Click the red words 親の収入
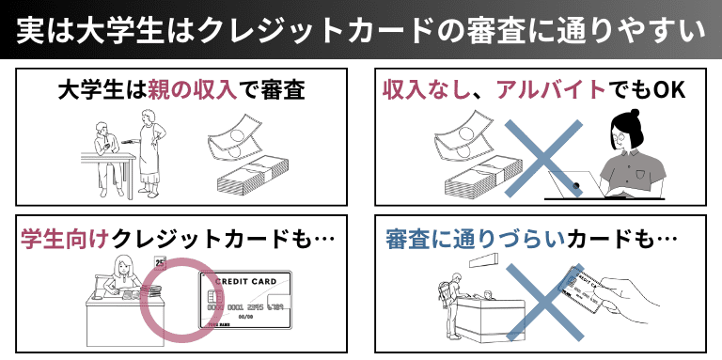pyautogui.click(x=193, y=91)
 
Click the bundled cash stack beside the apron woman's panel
pyautogui.click(x=252, y=176)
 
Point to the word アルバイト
pyautogui.click(x=551, y=91)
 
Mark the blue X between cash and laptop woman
pyautogui.click(x=544, y=158)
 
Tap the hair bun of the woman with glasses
pyautogui.click(x=635, y=113)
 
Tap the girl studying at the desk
pyautogui.click(x=122, y=275)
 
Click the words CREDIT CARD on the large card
pyautogui.click(x=246, y=281)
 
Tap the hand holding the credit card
pyautogui.click(x=632, y=298)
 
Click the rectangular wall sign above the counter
pyautogui.click(x=484, y=260)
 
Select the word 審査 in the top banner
pyautogui.click(x=469, y=30)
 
